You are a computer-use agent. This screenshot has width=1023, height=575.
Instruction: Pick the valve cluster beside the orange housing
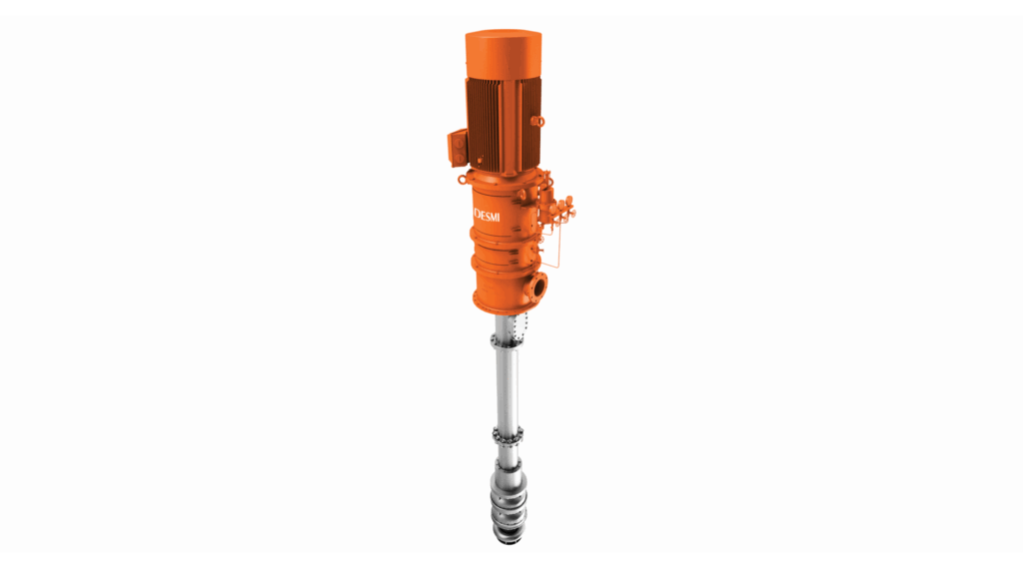pyautogui.click(x=565, y=210)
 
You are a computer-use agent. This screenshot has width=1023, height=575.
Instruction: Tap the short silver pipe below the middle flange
pyautogui.click(x=508, y=452)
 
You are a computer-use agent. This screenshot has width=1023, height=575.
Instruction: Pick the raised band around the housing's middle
pyautogui.click(x=500, y=246)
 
